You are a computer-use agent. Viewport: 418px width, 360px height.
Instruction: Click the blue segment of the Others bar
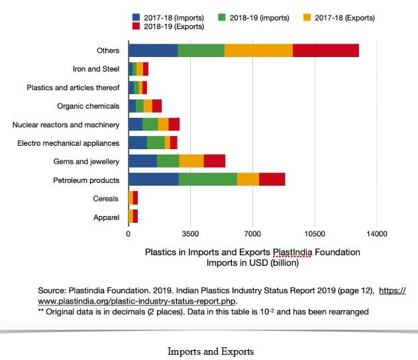(x=152, y=50)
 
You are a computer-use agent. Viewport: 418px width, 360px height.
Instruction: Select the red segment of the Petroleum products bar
(x=272, y=179)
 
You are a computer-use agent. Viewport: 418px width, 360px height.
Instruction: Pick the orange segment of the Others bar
(x=258, y=50)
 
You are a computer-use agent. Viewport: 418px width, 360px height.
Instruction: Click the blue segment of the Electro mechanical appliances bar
(x=137, y=143)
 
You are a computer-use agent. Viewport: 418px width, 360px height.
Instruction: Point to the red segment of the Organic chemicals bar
(x=157, y=105)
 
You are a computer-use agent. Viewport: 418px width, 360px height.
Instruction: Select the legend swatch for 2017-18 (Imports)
(x=136, y=17)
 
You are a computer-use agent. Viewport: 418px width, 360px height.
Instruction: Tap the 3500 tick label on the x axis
(x=190, y=234)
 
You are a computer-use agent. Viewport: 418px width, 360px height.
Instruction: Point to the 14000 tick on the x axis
(x=376, y=234)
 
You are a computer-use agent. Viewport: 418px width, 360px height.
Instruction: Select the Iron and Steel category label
(x=95, y=69)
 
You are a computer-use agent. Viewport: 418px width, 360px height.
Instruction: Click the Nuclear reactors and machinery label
(x=66, y=125)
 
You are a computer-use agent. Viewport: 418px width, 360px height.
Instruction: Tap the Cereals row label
(x=106, y=198)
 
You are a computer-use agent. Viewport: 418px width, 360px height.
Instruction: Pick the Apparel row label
(x=106, y=217)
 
